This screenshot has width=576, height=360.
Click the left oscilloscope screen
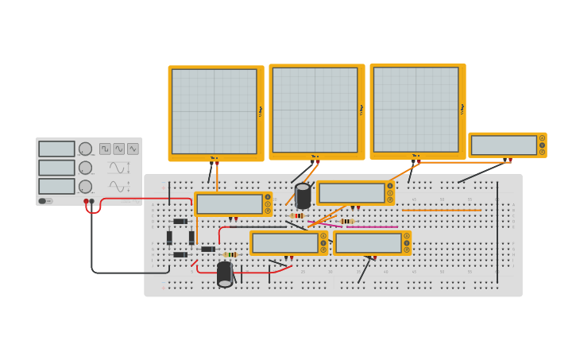215,111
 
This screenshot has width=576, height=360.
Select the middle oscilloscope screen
315,110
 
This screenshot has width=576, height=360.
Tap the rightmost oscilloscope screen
416,109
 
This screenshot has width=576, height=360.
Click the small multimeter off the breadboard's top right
504,145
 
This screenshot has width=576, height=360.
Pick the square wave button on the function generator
105,149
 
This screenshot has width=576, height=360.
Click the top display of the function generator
56,149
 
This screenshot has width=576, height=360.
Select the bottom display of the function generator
56,186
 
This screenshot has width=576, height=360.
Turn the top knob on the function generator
85,149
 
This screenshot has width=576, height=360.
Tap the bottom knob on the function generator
85,186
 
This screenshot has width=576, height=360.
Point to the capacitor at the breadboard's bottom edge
225,273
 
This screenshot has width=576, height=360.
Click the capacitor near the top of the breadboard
303,195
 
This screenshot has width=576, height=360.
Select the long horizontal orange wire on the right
441,210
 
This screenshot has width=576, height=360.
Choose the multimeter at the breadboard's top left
230,204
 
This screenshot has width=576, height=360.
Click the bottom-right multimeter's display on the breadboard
369,243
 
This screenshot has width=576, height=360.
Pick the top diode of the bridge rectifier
180,221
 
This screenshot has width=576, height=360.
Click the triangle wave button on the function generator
133,149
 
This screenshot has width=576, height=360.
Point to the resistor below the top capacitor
298,215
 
